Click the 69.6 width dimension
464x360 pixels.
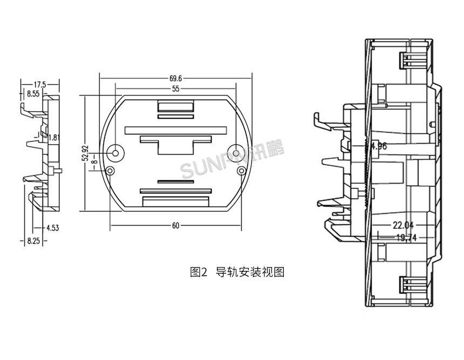coord(175,79)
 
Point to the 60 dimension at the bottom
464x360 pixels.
coord(175,226)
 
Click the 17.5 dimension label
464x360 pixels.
coord(40,85)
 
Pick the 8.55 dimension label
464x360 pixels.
coord(33,94)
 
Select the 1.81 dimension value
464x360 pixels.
coord(53,138)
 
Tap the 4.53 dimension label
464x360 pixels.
coord(52,227)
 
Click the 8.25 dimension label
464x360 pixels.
coord(33,241)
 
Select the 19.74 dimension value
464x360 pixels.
coord(406,237)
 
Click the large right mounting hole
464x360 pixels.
coord(236,152)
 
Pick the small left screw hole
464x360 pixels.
coord(110,171)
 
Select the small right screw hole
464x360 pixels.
coord(241,171)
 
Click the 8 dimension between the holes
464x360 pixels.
coord(94,162)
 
